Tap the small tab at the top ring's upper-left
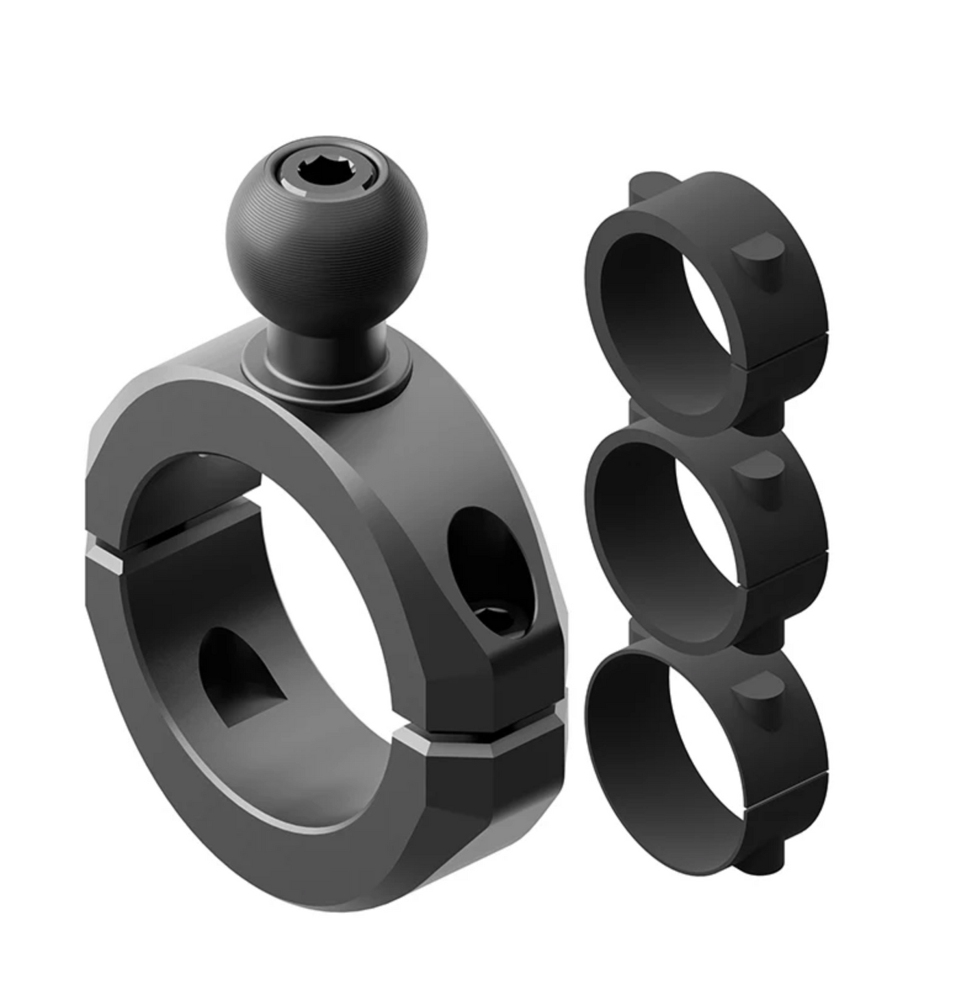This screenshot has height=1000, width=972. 643,185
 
